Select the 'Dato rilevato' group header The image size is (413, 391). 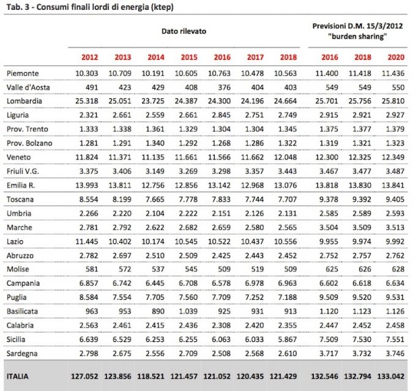click(x=184, y=30)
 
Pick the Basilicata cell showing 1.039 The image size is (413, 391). click(x=187, y=311)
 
